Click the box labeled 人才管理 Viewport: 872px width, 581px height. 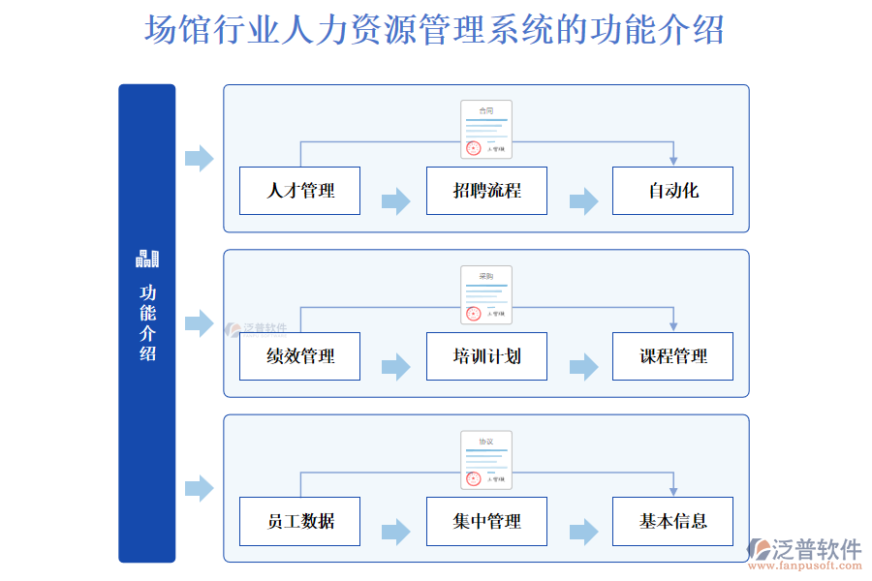click(300, 191)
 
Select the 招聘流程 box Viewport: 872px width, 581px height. click(486, 191)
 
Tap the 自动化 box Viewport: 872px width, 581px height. click(672, 191)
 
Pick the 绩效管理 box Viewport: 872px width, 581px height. click(300, 356)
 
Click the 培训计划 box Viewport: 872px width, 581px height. click(486, 356)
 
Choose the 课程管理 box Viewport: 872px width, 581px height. click(672, 356)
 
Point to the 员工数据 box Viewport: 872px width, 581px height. click(300, 521)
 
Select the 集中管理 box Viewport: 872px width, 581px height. click(486, 521)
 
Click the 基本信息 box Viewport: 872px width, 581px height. click(672, 521)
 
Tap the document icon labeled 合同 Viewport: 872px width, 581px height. click(486, 130)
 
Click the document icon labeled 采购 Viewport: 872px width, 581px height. click(486, 294)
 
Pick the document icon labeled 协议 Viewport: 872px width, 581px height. click(486, 460)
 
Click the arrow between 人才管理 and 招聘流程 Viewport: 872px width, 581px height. click(395, 201)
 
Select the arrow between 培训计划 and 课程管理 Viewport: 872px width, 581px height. click(583, 367)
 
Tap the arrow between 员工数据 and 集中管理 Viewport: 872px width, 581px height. click(395, 532)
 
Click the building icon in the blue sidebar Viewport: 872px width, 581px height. click(147, 259)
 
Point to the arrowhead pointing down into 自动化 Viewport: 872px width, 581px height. click(673, 160)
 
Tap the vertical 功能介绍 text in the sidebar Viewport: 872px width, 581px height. click(147, 322)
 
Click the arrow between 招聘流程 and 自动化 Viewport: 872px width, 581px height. click(583, 201)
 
